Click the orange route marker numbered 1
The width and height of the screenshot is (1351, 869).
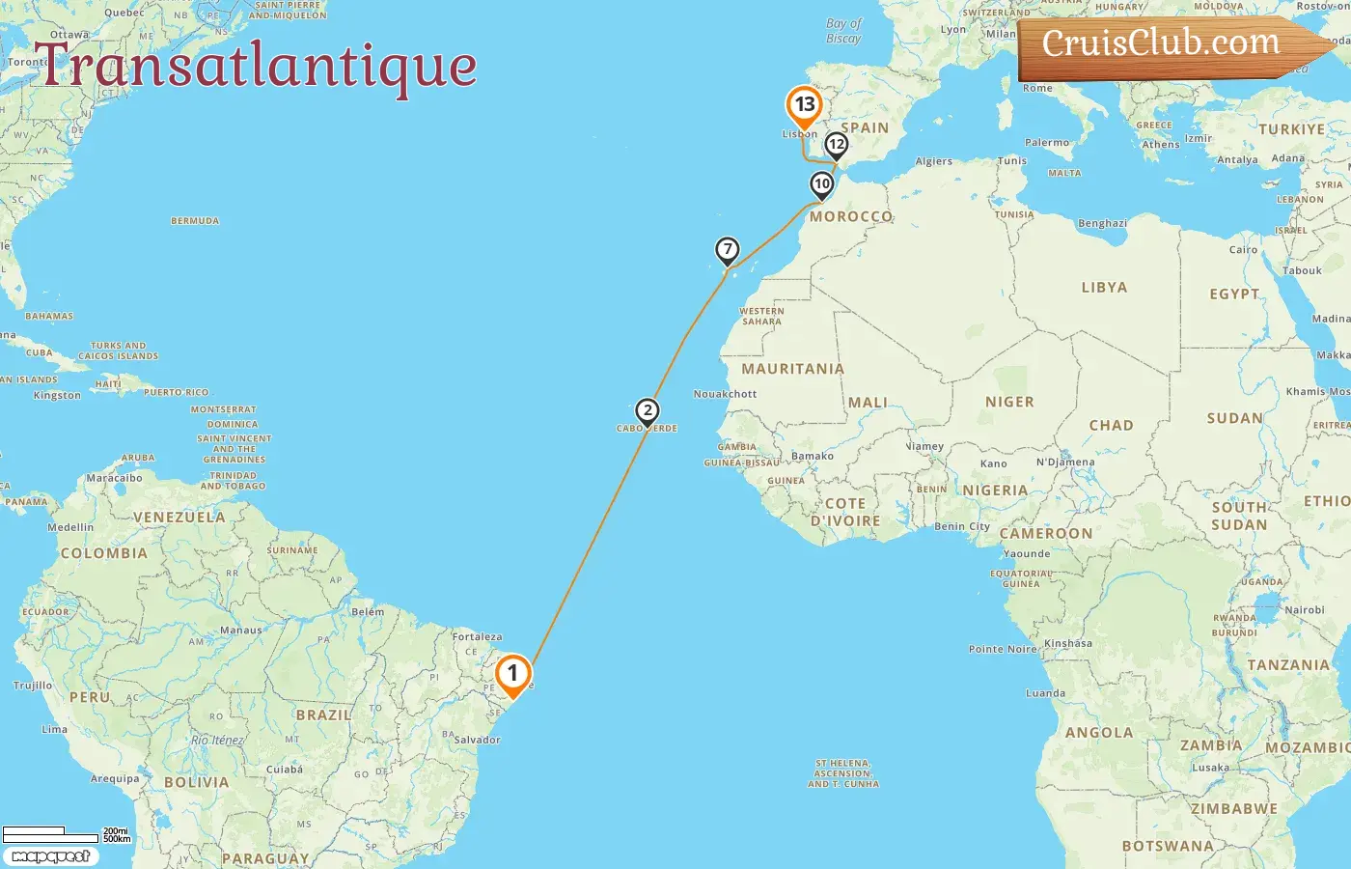tap(512, 673)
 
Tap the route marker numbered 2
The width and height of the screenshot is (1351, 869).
tap(648, 411)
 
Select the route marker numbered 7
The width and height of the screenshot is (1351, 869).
tap(728, 250)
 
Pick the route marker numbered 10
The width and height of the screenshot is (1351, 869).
tap(822, 184)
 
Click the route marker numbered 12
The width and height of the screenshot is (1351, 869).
tap(836, 145)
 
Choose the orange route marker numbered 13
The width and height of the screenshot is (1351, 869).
tap(804, 105)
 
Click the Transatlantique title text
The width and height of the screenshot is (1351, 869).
tap(256, 66)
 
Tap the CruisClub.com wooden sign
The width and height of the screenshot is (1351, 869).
tap(1163, 44)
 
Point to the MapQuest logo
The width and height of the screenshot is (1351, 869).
tap(50, 856)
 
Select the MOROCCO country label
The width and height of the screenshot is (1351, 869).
tap(851, 217)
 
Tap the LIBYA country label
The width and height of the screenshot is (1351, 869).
tap(1104, 288)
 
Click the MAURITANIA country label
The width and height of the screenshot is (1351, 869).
tap(792, 369)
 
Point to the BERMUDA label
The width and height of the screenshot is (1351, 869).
tap(195, 221)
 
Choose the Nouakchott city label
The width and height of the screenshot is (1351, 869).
tap(726, 394)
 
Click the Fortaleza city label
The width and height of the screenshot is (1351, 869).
tap(477, 636)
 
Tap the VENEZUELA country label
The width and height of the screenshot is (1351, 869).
tap(179, 518)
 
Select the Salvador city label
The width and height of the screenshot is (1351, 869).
tap(477, 740)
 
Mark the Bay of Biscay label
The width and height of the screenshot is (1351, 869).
tap(843, 31)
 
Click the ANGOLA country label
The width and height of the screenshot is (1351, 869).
tap(1099, 733)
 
